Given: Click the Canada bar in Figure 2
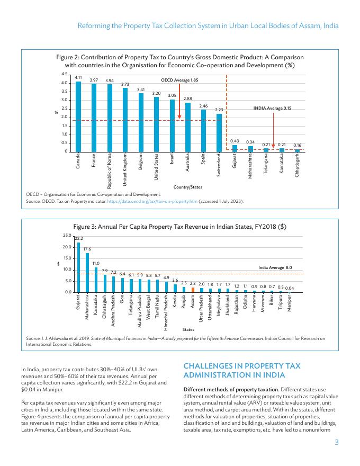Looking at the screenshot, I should (x=78, y=116).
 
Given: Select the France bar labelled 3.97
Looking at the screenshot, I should (x=94, y=118).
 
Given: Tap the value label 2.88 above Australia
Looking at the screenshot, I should (x=188, y=98).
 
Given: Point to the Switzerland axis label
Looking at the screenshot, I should (x=219, y=163).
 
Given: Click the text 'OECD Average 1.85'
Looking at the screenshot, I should (x=179, y=80).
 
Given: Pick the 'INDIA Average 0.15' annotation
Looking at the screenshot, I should (x=272, y=108).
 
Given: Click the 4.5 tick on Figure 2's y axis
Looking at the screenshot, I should (x=64, y=74).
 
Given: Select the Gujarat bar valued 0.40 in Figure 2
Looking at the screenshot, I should (x=235, y=148).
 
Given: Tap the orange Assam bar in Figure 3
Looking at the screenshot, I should (x=193, y=290).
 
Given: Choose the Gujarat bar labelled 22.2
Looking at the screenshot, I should (x=78, y=267).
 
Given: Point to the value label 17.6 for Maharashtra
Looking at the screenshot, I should (x=87, y=249).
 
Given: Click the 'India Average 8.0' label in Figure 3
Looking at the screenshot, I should (x=275, y=268).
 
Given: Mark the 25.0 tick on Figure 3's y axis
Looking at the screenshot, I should (x=67, y=235).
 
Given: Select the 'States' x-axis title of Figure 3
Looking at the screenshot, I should (x=188, y=329).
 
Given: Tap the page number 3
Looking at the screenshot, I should (x=336, y=443).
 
